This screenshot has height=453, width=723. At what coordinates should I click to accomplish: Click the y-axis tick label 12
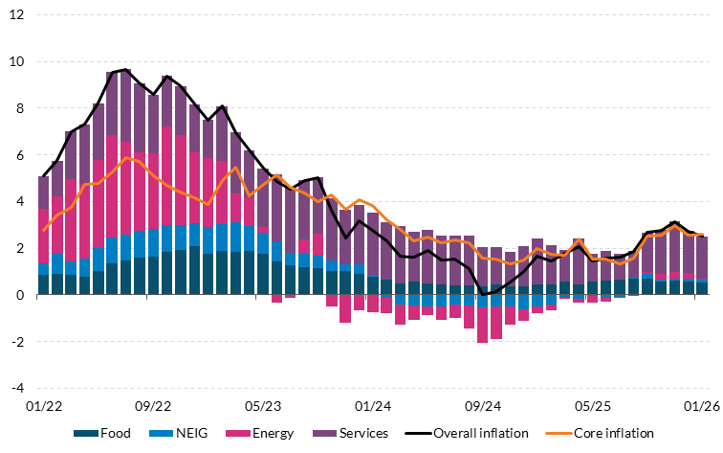click(x=18, y=15)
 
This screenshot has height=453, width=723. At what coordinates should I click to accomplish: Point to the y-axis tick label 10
click(x=18, y=62)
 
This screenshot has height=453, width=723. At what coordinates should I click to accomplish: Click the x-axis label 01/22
click(x=43, y=406)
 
